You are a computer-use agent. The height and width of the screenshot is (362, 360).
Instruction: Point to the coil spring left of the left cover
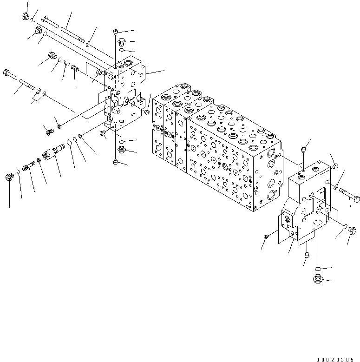point(66,63)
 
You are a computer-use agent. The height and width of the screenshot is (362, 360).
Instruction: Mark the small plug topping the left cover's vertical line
point(115,32)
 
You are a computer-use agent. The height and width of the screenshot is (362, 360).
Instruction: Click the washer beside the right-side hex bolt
point(335,187)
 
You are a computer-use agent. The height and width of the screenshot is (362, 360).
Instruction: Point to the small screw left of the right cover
point(266,237)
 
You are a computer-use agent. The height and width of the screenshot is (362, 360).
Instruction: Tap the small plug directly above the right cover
point(303,149)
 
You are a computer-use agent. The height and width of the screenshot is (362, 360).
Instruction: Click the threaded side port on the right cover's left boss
point(284,217)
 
